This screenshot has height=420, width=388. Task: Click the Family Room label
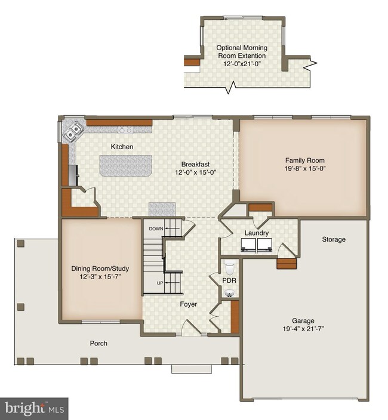(x=304, y=160)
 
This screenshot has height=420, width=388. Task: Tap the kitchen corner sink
(x=72, y=131)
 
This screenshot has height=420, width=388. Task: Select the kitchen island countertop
(x=126, y=165)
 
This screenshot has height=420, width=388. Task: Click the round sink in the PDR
(x=229, y=294)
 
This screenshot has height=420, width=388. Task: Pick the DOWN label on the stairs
(x=156, y=228)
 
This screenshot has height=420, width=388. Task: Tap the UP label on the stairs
(x=160, y=283)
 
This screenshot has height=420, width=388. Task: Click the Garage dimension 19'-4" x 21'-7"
(x=303, y=329)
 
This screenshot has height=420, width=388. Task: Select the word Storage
(x=334, y=239)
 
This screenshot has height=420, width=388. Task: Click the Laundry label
(x=257, y=233)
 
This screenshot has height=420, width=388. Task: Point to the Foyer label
(x=189, y=304)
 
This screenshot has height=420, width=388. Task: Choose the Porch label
(x=98, y=343)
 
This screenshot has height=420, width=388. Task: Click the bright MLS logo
(x=34, y=409)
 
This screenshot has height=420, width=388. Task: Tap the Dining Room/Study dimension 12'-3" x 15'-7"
(x=101, y=276)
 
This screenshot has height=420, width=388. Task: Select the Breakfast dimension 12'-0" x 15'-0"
(x=196, y=172)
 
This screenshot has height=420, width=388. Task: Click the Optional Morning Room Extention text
(x=242, y=52)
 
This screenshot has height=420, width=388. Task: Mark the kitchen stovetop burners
(x=125, y=130)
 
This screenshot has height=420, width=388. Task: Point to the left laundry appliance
(x=248, y=245)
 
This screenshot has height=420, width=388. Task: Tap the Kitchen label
(x=122, y=147)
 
